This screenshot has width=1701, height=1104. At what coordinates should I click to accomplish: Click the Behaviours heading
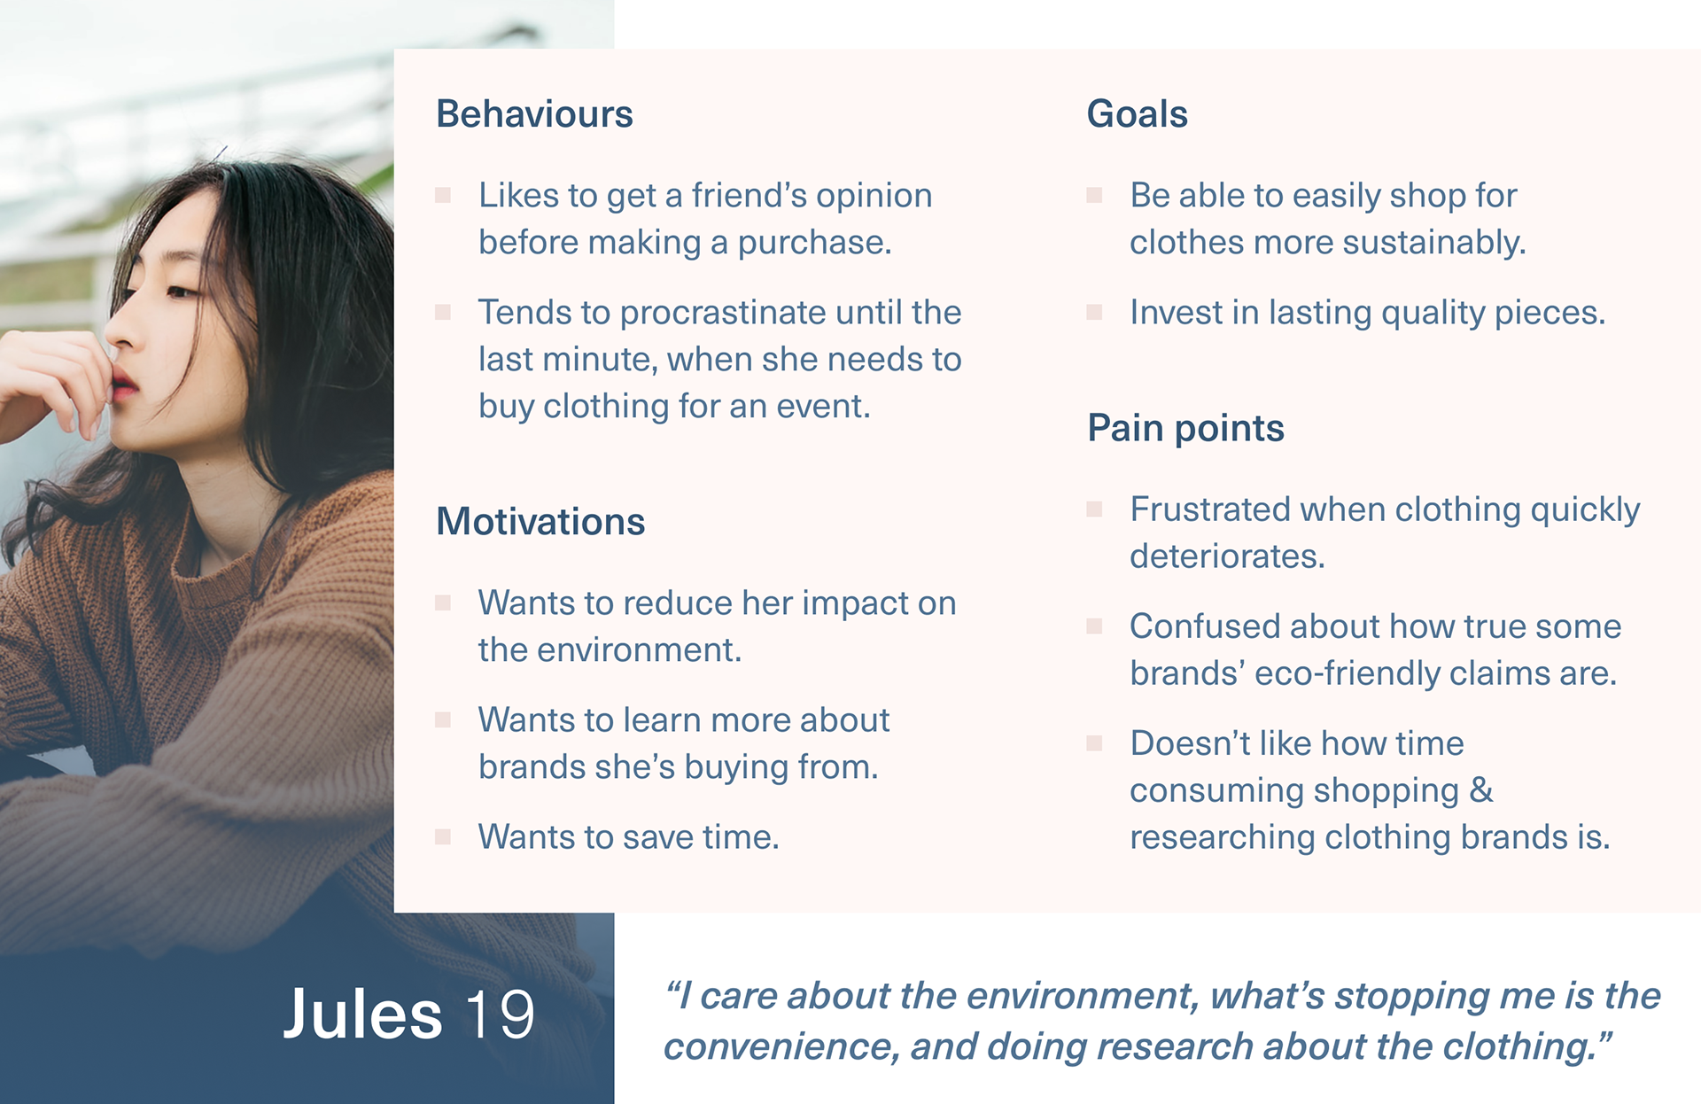(x=534, y=114)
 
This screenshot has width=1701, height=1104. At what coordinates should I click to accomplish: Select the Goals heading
(x=1137, y=114)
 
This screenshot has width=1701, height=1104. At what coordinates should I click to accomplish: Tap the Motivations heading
(x=540, y=521)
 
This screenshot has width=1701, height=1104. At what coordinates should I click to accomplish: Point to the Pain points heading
(x=1185, y=429)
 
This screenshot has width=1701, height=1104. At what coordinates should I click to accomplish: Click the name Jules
(x=362, y=1014)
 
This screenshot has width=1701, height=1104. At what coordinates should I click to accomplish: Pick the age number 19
(x=501, y=1015)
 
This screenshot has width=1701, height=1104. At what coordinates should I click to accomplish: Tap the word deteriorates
(x=1227, y=556)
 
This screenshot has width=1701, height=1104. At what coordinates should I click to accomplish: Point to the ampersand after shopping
(x=1481, y=789)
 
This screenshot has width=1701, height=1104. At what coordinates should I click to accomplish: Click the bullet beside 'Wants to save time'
(x=443, y=836)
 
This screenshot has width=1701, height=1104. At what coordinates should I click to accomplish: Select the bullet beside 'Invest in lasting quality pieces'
(x=1095, y=312)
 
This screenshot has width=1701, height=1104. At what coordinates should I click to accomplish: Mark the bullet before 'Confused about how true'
(x=1095, y=626)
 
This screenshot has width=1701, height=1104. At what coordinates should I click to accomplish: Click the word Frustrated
(x=1210, y=509)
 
